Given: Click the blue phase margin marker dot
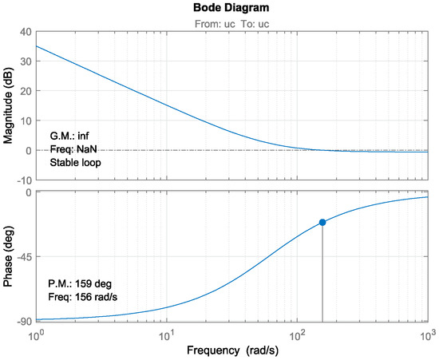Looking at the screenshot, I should pyautogui.click(x=322, y=222).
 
